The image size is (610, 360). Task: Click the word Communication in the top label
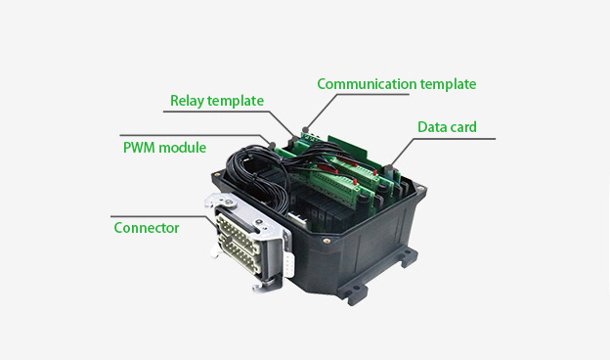[x=367, y=84]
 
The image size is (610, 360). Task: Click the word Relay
[x=187, y=101]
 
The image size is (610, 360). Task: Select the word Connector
[x=147, y=228]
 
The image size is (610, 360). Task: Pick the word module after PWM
[x=183, y=148]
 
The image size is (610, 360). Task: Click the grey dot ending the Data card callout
[x=388, y=167]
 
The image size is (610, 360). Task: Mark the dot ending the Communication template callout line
[x=305, y=130]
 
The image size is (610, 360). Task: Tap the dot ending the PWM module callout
[x=273, y=146]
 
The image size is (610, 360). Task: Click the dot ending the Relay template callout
[x=295, y=139]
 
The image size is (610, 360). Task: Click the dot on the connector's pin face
[x=230, y=240]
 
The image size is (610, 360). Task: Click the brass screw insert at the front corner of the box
[x=326, y=241]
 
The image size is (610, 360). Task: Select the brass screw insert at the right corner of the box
[x=420, y=188]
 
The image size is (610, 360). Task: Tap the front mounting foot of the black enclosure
[x=353, y=292]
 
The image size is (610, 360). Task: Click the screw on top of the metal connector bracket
[x=229, y=202]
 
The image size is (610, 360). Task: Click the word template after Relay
[x=236, y=101]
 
